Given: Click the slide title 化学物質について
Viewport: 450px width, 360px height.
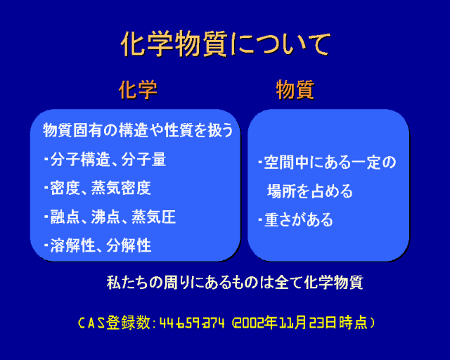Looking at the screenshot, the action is [226, 44].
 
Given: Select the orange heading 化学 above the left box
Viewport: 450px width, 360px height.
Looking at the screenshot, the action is [138, 89].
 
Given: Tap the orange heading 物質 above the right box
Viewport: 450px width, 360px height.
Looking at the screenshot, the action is [295, 89].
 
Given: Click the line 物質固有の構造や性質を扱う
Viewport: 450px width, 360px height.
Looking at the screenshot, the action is [138, 130].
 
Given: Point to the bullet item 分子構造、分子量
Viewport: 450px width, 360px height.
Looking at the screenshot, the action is [105, 160].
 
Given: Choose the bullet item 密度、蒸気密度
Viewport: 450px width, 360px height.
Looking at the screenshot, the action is [98, 188].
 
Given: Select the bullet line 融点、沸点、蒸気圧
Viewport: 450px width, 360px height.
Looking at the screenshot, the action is [110, 217].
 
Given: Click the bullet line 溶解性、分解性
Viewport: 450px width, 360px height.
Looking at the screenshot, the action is [98, 245].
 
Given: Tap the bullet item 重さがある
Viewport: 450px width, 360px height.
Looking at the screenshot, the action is [295, 220].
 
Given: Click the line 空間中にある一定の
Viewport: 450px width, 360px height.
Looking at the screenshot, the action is [327, 162].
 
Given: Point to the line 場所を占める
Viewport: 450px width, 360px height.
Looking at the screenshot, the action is [309, 191].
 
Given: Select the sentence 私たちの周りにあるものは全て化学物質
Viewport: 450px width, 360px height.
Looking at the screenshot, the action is [235, 282].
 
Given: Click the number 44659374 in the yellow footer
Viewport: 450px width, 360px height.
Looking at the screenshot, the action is [192, 323].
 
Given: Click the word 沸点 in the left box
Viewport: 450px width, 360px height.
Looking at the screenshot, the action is [105, 217].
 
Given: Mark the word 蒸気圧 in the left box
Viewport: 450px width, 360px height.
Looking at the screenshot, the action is [153, 217].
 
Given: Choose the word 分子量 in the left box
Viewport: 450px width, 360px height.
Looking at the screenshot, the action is [143, 160].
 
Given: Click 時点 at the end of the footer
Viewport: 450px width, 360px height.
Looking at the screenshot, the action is [353, 323].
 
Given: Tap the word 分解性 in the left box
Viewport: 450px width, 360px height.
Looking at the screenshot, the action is [129, 245].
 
